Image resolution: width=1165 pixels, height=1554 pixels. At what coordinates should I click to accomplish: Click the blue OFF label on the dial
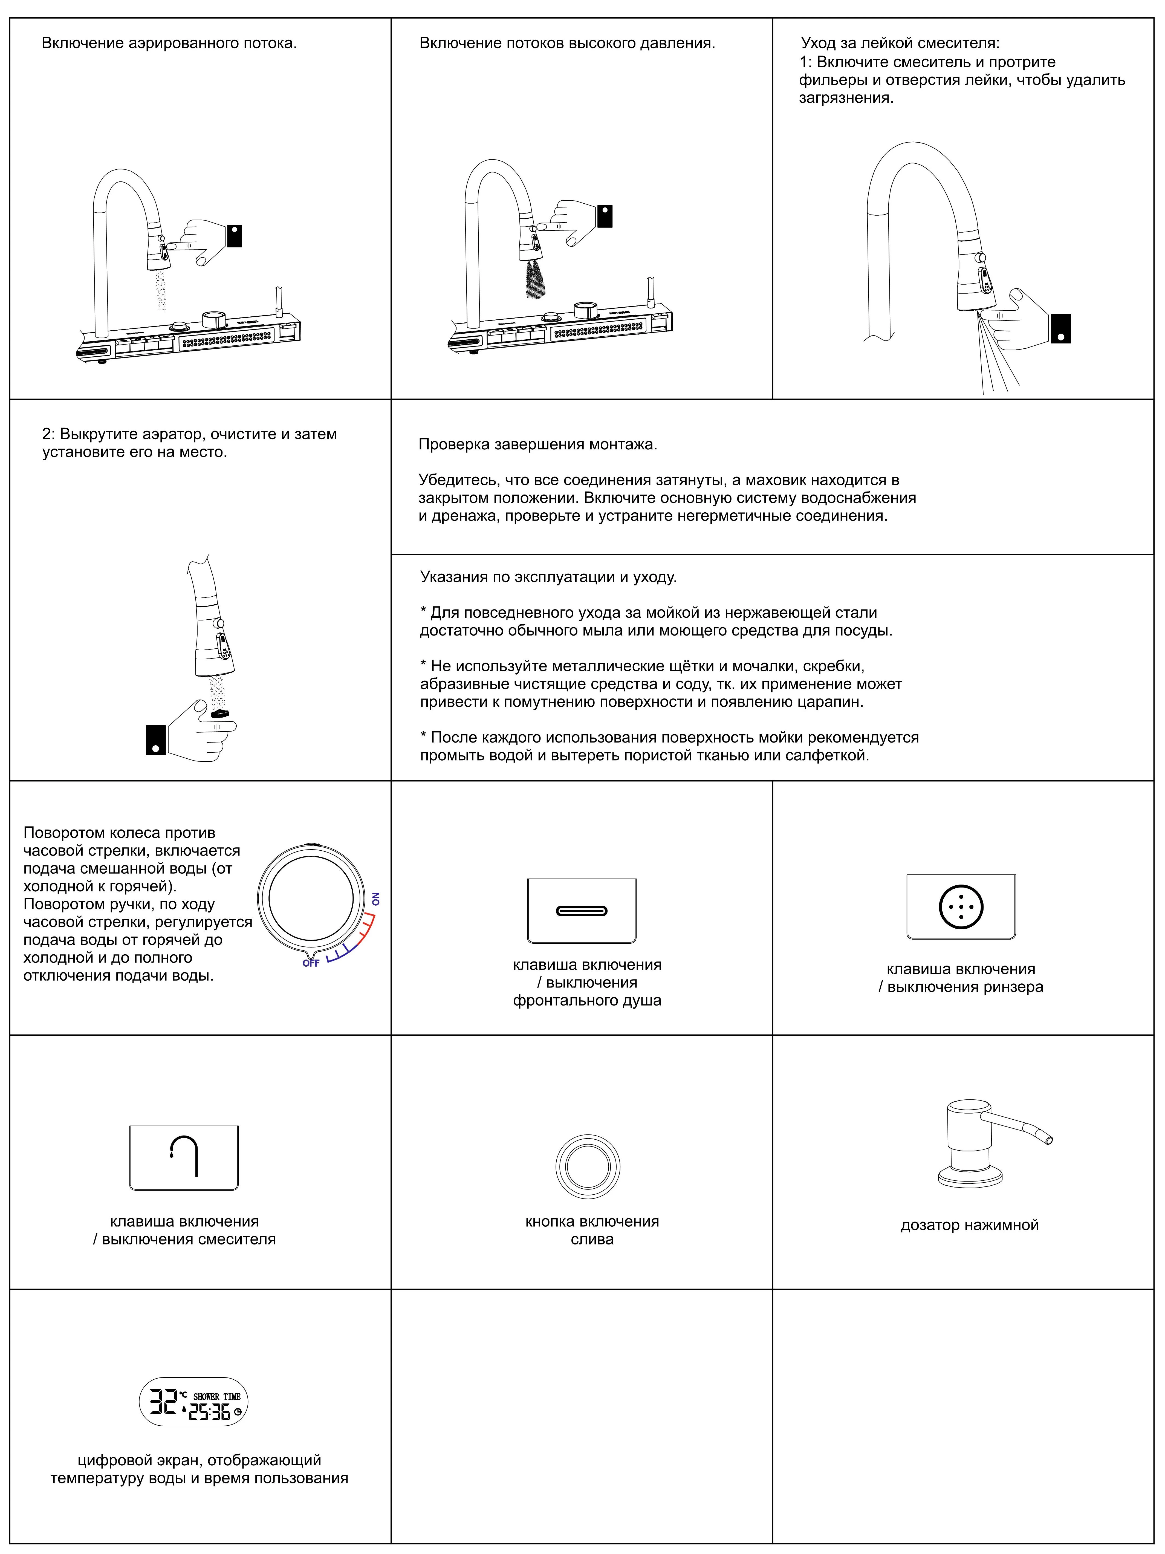[x=311, y=963]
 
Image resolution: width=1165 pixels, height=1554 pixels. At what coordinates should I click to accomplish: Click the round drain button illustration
[x=587, y=1167]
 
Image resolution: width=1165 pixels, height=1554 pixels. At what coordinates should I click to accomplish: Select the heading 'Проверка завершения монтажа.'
[x=537, y=445]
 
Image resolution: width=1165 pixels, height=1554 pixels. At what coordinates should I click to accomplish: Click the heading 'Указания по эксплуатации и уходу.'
[x=548, y=577]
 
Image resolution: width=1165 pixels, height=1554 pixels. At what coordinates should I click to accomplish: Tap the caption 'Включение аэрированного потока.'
[x=169, y=44]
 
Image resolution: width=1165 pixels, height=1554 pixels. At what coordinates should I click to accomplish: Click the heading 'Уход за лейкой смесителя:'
[x=900, y=44]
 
